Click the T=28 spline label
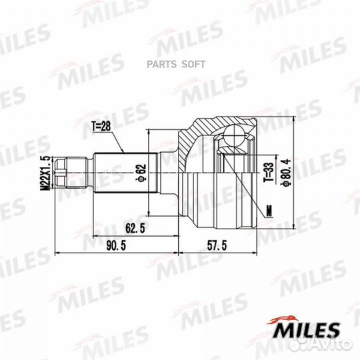(x=101, y=127)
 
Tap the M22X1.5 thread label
(x=45, y=173)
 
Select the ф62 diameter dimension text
(x=141, y=173)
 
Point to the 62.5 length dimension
(x=135, y=228)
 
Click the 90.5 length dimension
(x=116, y=245)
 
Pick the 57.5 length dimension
(x=217, y=245)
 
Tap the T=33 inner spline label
(x=269, y=172)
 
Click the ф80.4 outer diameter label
(x=286, y=172)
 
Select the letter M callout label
(x=269, y=211)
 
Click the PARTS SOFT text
(x=176, y=64)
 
